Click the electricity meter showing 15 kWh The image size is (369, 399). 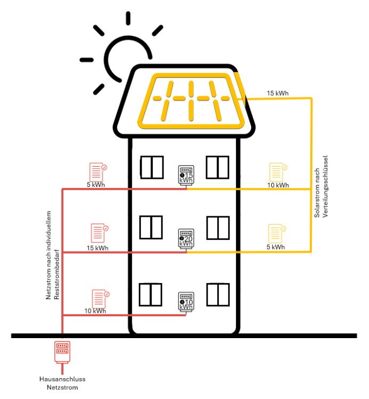coord(186,175)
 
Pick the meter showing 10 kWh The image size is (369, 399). coord(186,301)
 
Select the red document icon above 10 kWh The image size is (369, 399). coord(99,298)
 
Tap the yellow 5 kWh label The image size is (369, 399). coord(275,247)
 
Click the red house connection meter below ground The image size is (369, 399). coord(62,352)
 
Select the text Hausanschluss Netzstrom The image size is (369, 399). coord(62,383)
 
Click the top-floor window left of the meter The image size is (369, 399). coord(152,168)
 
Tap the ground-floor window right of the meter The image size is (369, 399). coord(217,294)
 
